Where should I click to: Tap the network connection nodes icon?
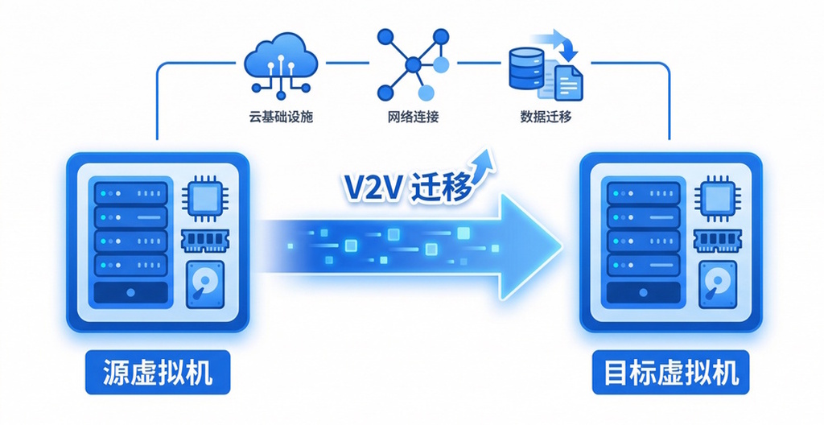pyautogui.click(x=413, y=62)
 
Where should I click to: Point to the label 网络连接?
pyautogui.click(x=413, y=117)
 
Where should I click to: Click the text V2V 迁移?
pyautogui.click(x=406, y=188)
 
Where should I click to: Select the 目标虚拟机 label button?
pyautogui.click(x=670, y=372)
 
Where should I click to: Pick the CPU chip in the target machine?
pyautogui.click(x=717, y=196)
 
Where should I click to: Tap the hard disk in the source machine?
pyautogui.click(x=206, y=284)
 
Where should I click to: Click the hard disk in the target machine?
pyautogui.click(x=719, y=284)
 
